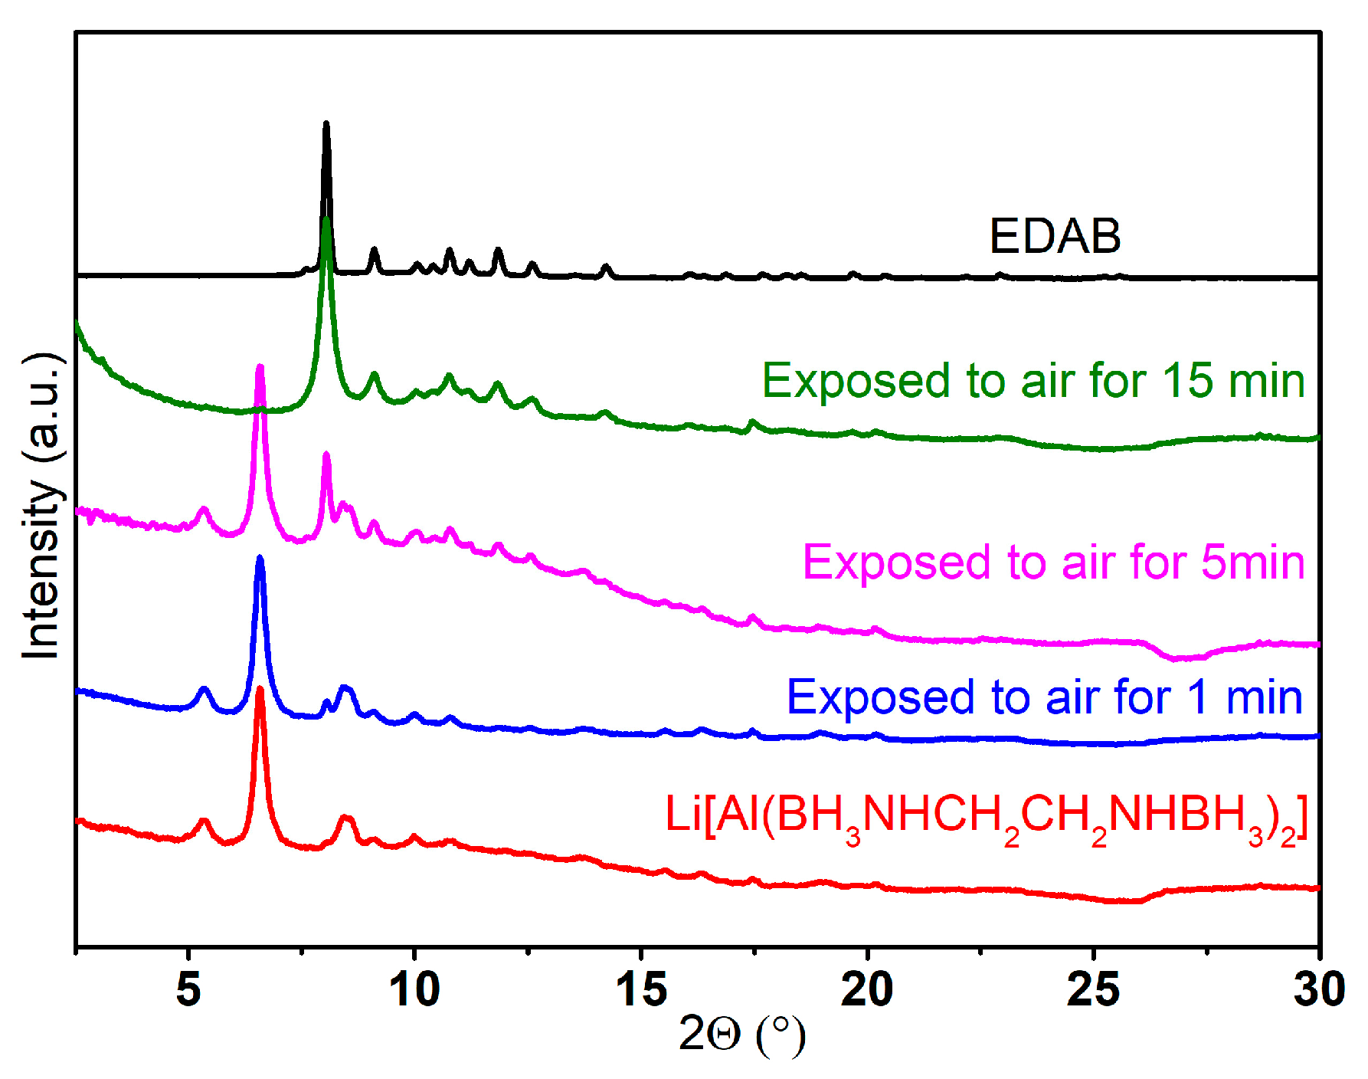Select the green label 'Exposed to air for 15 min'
[x=1033, y=381]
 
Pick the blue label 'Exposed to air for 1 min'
[x=1044, y=697]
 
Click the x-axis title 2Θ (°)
[x=741, y=1035]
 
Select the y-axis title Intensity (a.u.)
[x=41, y=506]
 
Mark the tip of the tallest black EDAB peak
[x=326, y=123]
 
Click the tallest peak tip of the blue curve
[x=260, y=558]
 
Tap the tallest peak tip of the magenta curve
[x=260, y=367]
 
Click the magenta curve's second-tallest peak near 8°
[x=326, y=454]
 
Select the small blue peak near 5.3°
[x=204, y=689]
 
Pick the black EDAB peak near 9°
[x=374, y=249]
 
